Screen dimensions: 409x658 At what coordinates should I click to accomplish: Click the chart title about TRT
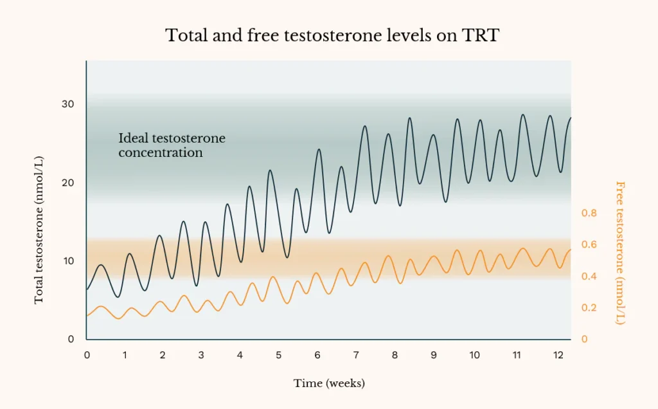tap(332, 35)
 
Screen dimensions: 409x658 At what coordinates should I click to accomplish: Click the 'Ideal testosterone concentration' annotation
tap(172, 145)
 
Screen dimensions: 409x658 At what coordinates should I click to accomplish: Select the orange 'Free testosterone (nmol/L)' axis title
tap(620, 253)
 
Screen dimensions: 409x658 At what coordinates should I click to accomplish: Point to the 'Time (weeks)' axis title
tap(329, 383)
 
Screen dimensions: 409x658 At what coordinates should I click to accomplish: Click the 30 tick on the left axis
tap(67, 104)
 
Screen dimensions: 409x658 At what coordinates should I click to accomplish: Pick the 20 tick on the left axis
tap(67, 183)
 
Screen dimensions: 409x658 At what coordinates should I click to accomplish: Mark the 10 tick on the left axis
tap(67, 261)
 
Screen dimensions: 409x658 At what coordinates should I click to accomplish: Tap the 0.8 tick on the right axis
tap(589, 213)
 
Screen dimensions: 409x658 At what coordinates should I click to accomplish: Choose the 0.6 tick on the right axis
tap(589, 244)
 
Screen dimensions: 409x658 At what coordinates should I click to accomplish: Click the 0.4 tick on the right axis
tap(589, 276)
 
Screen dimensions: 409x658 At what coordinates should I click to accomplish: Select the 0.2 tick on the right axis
tap(589, 307)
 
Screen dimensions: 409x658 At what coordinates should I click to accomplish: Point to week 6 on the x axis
tap(317, 355)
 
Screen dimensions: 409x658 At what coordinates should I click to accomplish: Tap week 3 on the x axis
tap(201, 355)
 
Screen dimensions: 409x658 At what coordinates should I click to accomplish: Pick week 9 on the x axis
tap(434, 355)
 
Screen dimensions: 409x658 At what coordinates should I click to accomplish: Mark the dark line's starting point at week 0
tap(87, 289)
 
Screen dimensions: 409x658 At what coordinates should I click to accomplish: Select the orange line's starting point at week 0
tap(87, 315)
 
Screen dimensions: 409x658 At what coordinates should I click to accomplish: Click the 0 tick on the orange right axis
tap(584, 339)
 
